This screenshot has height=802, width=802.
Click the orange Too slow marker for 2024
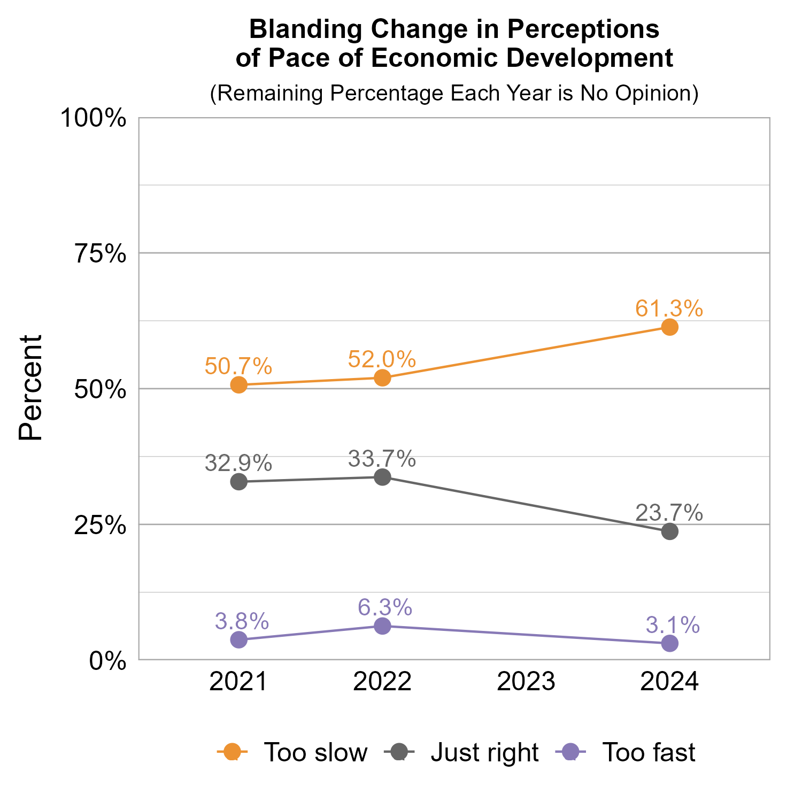click(669, 327)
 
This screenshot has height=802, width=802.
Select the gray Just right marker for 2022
click(382, 477)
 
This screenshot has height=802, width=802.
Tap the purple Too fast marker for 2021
click(239, 639)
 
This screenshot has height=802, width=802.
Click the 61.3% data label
click(669, 309)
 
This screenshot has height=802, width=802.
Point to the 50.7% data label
click(238, 366)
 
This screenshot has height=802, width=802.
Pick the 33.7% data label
click(382, 459)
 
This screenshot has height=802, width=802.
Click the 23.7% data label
click(669, 513)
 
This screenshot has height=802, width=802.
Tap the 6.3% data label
click(385, 607)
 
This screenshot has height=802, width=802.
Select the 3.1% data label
click(672, 624)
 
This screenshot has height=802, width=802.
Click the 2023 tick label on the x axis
click(526, 682)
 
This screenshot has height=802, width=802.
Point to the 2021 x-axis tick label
click(238, 682)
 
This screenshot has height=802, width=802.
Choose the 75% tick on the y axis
click(101, 254)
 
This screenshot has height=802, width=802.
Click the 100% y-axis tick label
click(94, 118)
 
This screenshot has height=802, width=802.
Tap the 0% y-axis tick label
click(107, 661)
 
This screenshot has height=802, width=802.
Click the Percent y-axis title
click(30, 388)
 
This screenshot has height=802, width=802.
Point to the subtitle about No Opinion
click(454, 93)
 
